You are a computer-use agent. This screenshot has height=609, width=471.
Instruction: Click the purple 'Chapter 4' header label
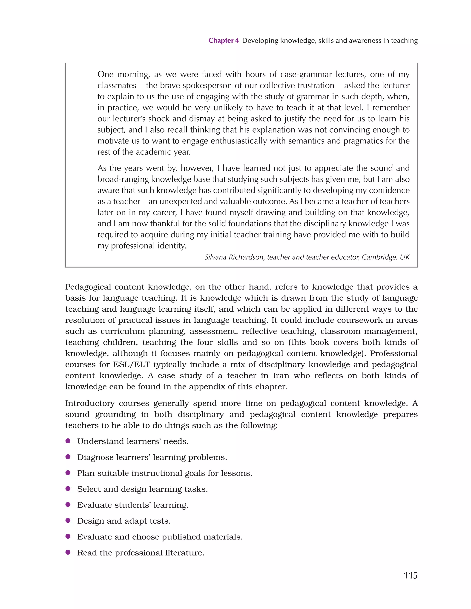tap(223, 41)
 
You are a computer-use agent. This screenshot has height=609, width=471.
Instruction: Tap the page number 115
tap(411, 575)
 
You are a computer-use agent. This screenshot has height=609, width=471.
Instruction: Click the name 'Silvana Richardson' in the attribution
tap(234, 257)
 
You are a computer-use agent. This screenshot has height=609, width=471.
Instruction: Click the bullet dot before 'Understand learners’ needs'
tap(68, 441)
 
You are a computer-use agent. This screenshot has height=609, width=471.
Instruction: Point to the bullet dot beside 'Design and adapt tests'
tap(68, 520)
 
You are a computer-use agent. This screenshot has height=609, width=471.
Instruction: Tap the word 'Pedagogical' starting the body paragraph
tap(88, 287)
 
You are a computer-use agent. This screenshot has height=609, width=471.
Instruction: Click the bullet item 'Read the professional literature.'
tap(141, 553)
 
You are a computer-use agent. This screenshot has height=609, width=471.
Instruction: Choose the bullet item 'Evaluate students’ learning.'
tap(133, 505)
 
